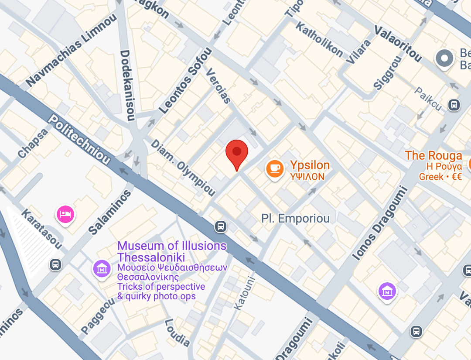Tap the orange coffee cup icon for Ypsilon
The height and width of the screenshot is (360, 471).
274,169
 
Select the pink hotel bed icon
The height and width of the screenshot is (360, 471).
65,214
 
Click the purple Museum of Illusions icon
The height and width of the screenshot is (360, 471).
102,268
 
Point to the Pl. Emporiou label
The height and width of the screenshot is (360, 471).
295,219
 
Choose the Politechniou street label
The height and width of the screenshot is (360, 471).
79,139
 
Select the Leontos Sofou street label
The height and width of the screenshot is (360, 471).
185,81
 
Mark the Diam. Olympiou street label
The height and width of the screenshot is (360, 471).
183,168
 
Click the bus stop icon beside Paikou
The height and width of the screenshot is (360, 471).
454,105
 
